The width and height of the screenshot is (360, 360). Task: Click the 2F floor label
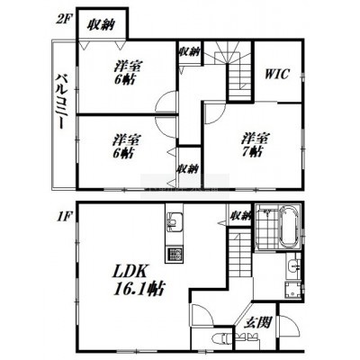pyautogui.click(x=63, y=19)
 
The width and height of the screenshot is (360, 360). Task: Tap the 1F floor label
pyautogui.click(x=63, y=217)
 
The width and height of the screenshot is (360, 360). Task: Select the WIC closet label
pyautogui.click(x=277, y=74)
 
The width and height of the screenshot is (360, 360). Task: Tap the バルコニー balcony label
pyautogui.click(x=61, y=101)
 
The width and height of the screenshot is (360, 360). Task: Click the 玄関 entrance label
pyautogui.click(x=257, y=322)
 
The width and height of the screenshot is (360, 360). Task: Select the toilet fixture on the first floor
pyautogui.click(x=223, y=338)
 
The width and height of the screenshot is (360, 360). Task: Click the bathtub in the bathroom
pyautogui.click(x=289, y=228)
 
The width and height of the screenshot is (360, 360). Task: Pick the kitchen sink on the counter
pyautogui.click(x=174, y=222)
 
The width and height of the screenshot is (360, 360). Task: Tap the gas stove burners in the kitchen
pyautogui.click(x=174, y=254)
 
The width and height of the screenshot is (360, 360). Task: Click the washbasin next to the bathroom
pyautogui.click(x=293, y=265)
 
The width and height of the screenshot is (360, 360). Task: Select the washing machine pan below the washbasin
pyautogui.click(x=292, y=291)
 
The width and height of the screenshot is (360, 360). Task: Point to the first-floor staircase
pyautogui.click(x=239, y=255)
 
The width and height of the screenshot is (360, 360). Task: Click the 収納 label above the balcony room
pyautogui.click(x=101, y=24)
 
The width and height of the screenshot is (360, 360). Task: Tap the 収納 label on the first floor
pyautogui.click(x=240, y=215)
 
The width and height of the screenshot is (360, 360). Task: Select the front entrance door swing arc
pyautogui.click(x=291, y=324)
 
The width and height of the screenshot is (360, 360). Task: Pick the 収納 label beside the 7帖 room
pyautogui.click(x=187, y=169)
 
